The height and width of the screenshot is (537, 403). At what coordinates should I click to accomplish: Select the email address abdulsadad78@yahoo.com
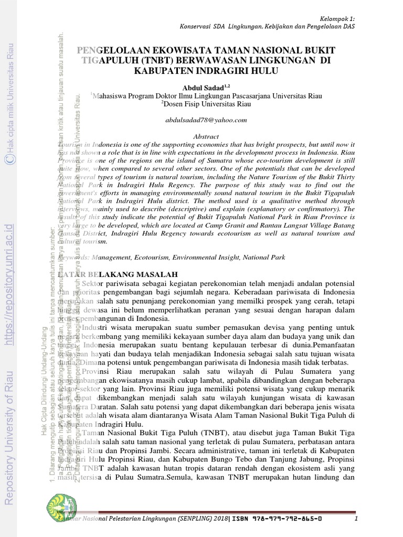point(206,120)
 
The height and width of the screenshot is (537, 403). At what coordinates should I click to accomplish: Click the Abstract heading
point(206,136)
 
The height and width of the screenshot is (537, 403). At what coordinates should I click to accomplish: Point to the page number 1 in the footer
point(356,519)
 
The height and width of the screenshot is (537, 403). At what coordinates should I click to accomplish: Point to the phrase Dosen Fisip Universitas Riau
point(207,104)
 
